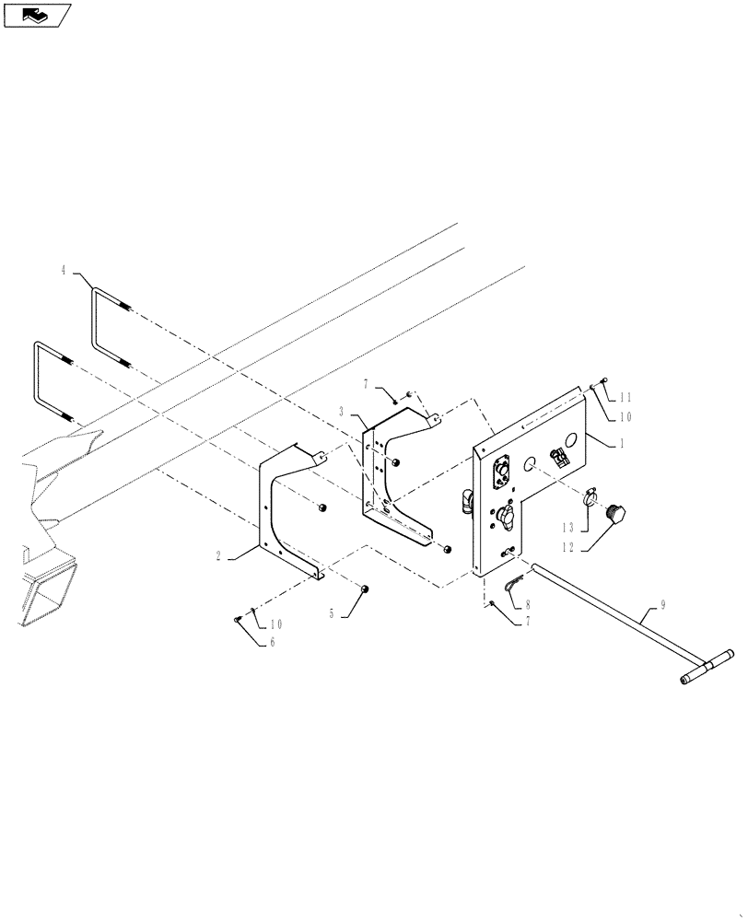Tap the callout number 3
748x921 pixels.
click(x=341, y=411)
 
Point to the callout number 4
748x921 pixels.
click(x=64, y=271)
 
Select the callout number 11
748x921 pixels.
click(x=626, y=397)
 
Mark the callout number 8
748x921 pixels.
click(x=528, y=605)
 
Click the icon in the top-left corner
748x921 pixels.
click(x=38, y=16)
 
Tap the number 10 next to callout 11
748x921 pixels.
click(x=625, y=416)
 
